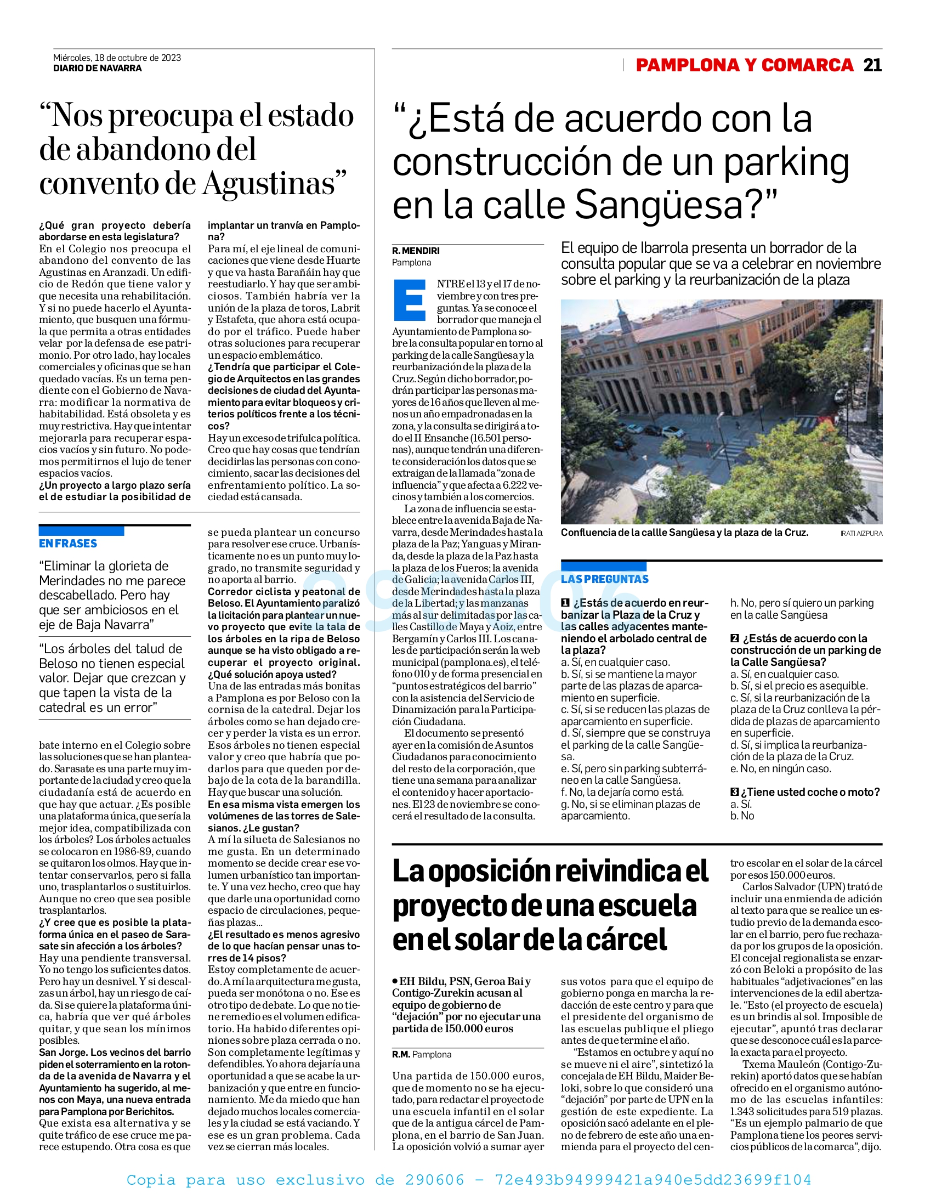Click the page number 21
coord(872,65)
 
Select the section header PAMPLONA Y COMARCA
coord(745,65)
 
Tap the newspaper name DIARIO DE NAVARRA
coord(97,69)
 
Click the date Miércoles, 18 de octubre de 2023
coord(117,58)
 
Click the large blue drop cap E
coord(410,301)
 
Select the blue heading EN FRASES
coord(68,544)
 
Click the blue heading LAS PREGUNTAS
coord(604,579)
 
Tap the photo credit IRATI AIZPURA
coord(861,534)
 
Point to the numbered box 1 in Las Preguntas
coord(565,603)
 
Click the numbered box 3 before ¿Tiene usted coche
coord(734,792)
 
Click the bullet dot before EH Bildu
coord(395,981)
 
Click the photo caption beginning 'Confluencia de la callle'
coord(684,533)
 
